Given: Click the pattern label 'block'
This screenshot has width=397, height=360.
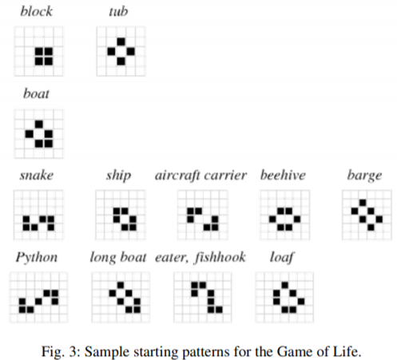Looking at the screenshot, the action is pos(37,11).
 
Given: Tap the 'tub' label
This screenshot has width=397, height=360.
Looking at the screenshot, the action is pos(118,11).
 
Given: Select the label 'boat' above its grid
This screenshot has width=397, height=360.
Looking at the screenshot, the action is pos(36,93).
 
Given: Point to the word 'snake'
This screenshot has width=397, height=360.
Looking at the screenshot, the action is pos(37,176).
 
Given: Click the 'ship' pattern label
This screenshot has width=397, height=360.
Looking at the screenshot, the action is pos(119,176).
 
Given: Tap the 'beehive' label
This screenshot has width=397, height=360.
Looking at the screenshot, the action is pos(283,175).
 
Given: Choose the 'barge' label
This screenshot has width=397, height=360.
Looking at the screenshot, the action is pos(365,176).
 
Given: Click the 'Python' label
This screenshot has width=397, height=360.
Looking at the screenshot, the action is pos(37,258).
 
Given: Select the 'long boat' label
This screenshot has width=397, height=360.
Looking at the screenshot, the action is pos(118,257).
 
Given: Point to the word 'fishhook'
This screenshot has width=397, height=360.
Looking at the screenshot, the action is pos(220,257).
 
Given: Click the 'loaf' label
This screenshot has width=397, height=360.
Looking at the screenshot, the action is pos(282,257).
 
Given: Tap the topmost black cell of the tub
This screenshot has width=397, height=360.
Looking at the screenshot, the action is pos(121,42).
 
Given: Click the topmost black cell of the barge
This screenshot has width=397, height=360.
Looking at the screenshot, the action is pos(363,203).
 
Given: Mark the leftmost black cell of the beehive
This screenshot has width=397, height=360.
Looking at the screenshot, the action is pos(272,220).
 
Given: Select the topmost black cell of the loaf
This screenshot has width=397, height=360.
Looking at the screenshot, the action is pos(285,285).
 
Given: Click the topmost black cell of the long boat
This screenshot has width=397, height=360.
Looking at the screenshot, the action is pos(121,285).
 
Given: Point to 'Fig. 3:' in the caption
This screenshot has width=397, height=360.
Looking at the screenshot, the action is pos(61,351).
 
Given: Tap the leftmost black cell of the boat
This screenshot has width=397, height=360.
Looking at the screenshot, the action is pos(30,134).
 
